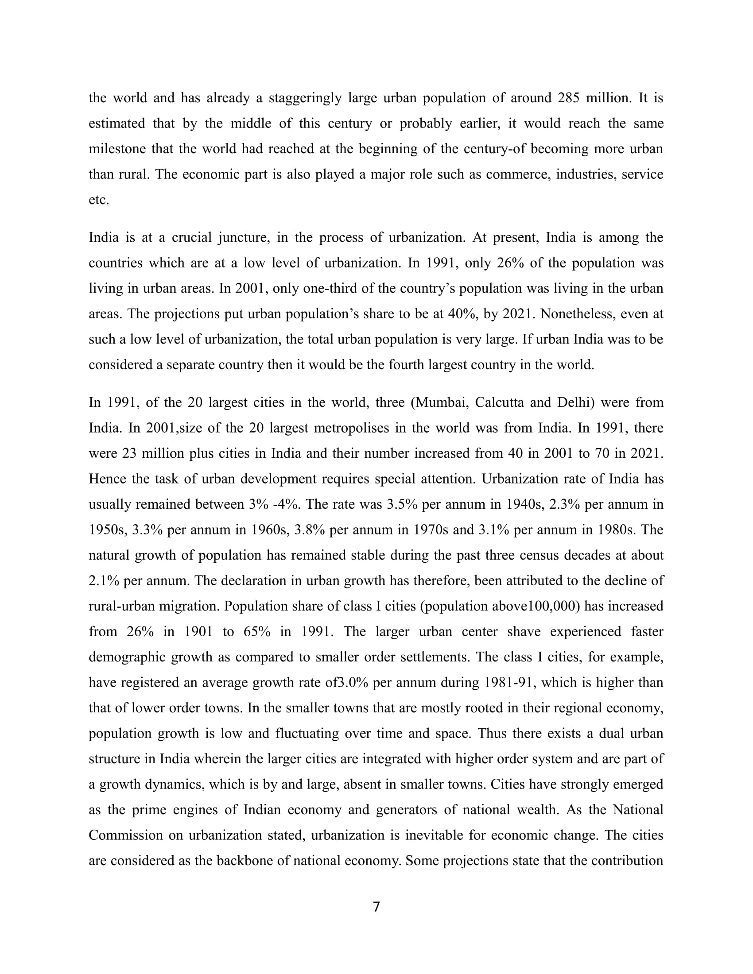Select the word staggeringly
pyautogui.click(x=305, y=98)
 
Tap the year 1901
pyautogui.click(x=200, y=631)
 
